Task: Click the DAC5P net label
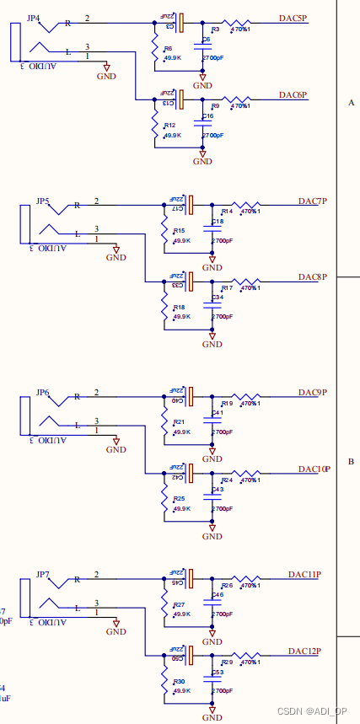coord(293,18)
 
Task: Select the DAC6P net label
coord(293,95)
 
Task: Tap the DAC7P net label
coord(312,201)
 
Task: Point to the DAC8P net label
coord(312,277)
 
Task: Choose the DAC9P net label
coord(312,393)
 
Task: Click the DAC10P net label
coord(314,469)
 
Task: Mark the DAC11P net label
coord(304,574)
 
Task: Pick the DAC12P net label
coord(304,652)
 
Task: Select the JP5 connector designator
coord(42,201)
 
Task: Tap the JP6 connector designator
coord(42,393)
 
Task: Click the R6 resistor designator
coord(169,49)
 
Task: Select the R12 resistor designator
coord(170,125)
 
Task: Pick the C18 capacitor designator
coord(218,222)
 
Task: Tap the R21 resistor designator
coord(179,422)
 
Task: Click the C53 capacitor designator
coord(218,673)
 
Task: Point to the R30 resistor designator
coord(179,681)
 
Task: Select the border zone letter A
coord(351,102)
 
